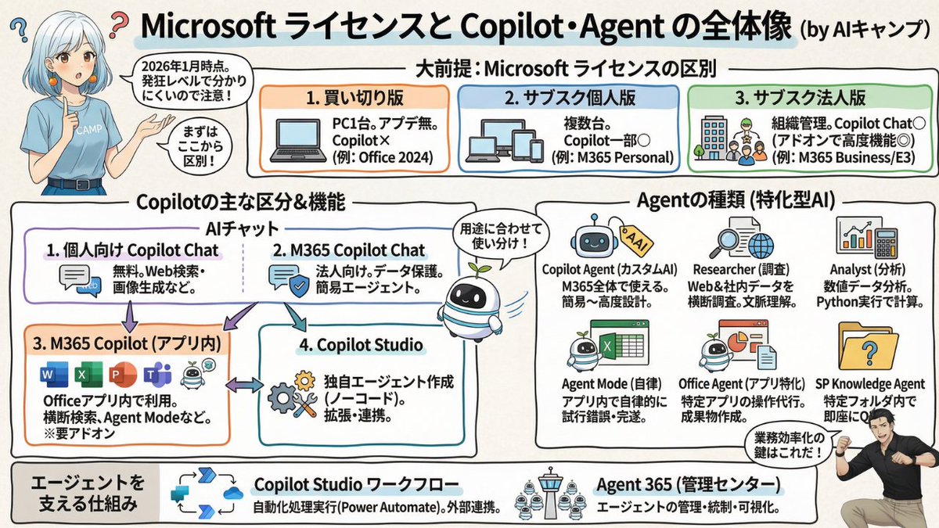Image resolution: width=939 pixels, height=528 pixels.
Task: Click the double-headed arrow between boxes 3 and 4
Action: (244, 385)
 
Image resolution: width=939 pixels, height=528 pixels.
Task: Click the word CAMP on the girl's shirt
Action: (87, 131)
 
